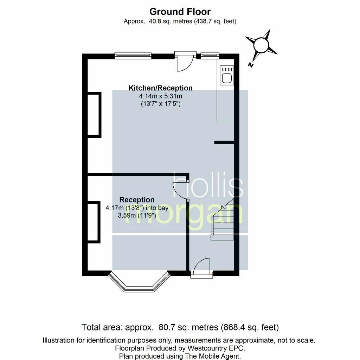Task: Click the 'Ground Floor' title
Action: [x=180, y=12]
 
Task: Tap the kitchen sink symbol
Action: [x=227, y=75]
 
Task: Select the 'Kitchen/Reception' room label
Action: [x=160, y=88]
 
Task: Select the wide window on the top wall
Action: [x=133, y=55]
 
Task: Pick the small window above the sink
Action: [x=210, y=55]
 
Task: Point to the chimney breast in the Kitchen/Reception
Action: [x=94, y=115]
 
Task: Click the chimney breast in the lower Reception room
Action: [x=94, y=222]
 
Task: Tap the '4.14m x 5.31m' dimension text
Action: [x=160, y=96]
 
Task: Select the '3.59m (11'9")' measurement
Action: [x=137, y=216]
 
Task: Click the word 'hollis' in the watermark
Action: [x=208, y=185]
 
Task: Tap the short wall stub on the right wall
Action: [x=224, y=142]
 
